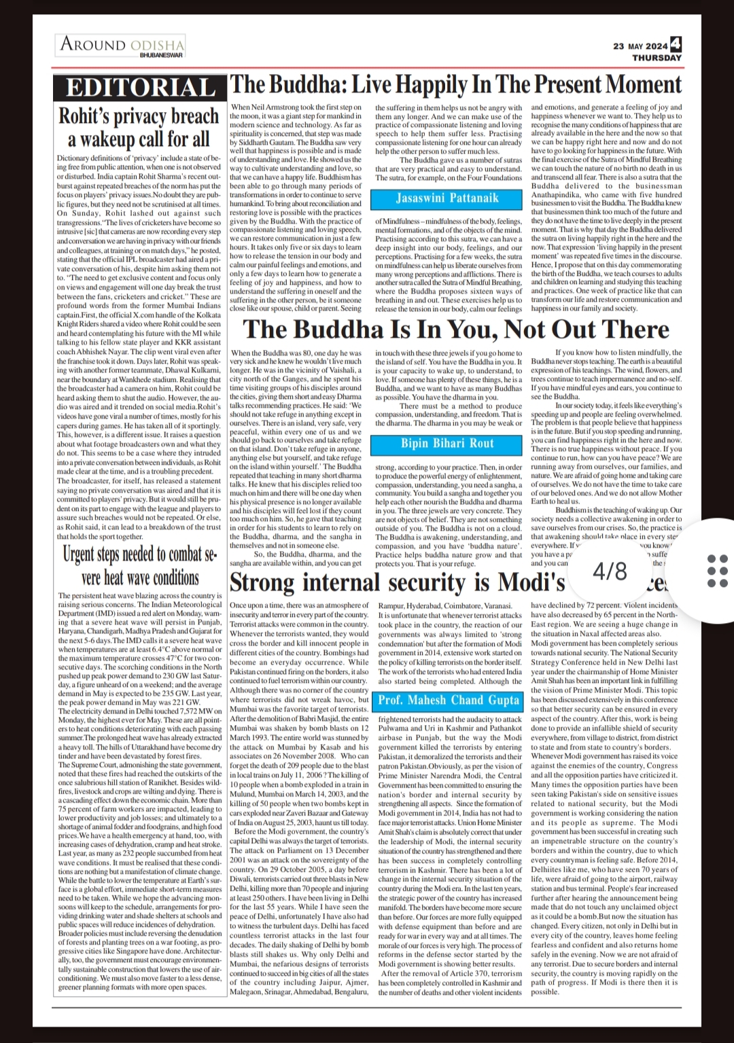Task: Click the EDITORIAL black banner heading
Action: (140, 88)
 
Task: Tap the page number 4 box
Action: (676, 45)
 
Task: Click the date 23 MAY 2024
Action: (640, 46)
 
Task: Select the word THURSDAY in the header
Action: (657, 58)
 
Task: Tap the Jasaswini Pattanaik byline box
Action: (447, 198)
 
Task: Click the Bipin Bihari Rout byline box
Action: (447, 443)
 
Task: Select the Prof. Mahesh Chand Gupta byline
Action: (449, 700)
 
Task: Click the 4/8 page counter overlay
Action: (610, 571)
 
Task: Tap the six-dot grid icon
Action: (717, 571)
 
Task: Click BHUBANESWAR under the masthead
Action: (161, 54)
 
